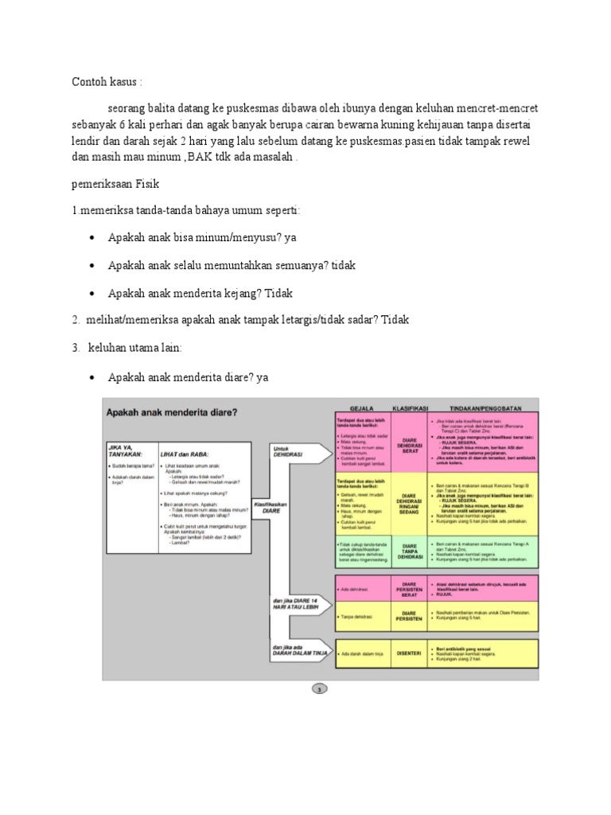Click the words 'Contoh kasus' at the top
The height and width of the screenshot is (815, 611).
[105, 82]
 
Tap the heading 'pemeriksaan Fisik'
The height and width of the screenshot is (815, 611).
[116, 184]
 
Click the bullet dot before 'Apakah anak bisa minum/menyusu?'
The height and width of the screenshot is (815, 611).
[94, 238]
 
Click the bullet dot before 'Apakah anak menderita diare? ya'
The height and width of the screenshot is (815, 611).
[94, 377]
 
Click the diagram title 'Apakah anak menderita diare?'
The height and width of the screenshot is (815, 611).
[173, 411]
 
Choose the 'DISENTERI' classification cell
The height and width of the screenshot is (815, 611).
[411, 653]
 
